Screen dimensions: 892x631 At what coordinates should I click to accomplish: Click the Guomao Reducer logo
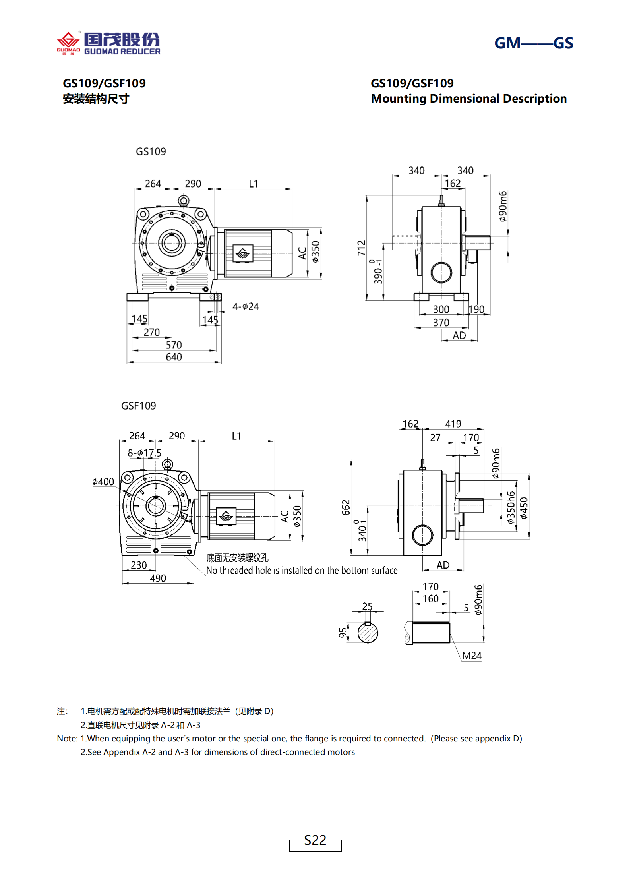[x=108, y=43]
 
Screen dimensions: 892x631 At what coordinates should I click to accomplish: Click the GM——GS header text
[x=533, y=43]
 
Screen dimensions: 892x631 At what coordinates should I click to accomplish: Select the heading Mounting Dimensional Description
[x=468, y=99]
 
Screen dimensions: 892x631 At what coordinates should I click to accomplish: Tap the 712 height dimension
[x=361, y=248]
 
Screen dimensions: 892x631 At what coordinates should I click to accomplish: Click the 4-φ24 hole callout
[x=246, y=306]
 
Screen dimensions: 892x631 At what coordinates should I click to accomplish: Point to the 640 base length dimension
[x=174, y=357]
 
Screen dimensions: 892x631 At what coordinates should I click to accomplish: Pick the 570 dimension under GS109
[x=174, y=345]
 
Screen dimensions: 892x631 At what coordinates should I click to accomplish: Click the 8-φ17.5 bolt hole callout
[x=144, y=453]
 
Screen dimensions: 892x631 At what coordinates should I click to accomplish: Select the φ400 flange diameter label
[x=103, y=482]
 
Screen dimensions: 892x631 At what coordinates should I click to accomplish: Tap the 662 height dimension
[x=346, y=507]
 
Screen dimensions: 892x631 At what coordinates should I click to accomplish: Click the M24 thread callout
[x=472, y=656]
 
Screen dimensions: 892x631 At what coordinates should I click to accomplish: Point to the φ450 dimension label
[x=524, y=508]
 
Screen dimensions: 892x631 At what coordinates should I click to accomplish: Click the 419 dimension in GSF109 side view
[x=453, y=424]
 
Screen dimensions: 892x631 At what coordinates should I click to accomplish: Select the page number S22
[x=315, y=840]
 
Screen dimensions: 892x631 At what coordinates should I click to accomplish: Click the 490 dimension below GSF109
[x=158, y=578]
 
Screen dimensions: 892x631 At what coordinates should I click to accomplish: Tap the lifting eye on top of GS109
[x=183, y=201]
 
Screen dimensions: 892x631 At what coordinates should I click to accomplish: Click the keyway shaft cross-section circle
[x=368, y=633]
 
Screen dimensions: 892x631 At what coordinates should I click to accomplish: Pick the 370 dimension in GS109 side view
[x=441, y=323]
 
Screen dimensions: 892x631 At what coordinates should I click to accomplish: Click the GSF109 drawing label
[x=138, y=406]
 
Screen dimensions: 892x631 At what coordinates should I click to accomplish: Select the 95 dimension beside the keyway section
[x=343, y=633]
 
